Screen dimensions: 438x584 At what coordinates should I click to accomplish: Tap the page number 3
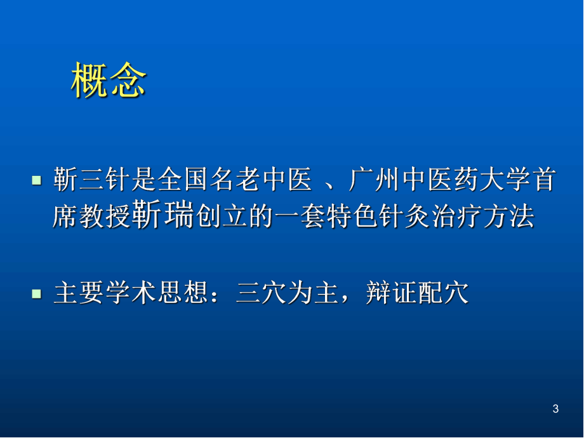click(556, 409)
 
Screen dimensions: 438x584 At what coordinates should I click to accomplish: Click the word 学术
click(135, 294)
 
